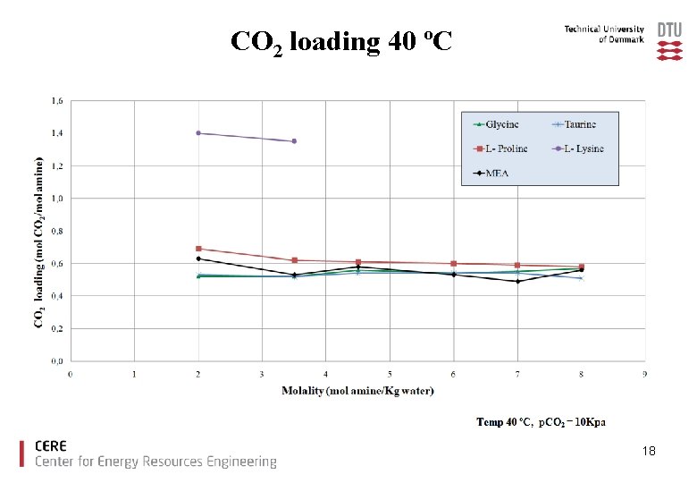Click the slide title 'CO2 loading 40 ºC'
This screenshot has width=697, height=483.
pos(340,42)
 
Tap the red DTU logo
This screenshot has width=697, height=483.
pos(669,41)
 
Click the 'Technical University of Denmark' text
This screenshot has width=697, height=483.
pos(604,34)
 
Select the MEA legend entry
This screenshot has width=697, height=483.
pos(490,173)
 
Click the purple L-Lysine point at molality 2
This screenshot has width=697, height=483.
pos(198,133)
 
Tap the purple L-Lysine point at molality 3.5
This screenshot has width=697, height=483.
pos(294,141)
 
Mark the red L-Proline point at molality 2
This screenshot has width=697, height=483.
pos(198,249)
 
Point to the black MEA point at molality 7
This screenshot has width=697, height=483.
pos(517,282)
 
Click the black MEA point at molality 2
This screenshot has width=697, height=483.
pos(198,258)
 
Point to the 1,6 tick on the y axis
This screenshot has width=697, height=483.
pos(56,101)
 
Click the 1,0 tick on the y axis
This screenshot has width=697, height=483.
pos(56,199)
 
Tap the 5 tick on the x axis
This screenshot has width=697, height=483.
pos(390,373)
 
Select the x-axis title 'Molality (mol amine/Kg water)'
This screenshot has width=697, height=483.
pos(357,390)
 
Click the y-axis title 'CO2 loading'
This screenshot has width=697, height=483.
pos(39,241)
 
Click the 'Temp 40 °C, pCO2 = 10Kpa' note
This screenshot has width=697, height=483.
pos(541,421)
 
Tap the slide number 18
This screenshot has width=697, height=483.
pos(649,452)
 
